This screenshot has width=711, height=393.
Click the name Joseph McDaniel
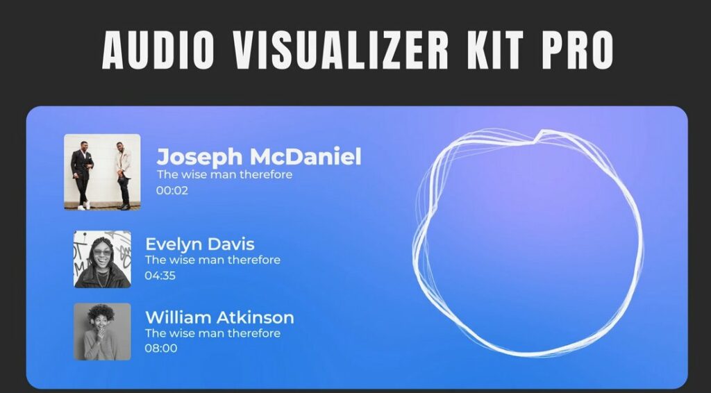(258, 156)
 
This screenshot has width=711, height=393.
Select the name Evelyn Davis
(199, 244)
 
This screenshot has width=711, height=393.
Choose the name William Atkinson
(219, 317)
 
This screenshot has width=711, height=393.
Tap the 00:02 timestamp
(172, 190)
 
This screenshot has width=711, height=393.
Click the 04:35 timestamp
(160, 276)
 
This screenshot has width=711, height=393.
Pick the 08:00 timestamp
(160, 348)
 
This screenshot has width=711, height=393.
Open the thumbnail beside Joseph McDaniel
(102, 172)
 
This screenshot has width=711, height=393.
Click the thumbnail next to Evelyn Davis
(102, 259)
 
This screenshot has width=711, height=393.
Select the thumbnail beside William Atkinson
(102, 331)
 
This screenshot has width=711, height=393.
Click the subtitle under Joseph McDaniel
(224, 174)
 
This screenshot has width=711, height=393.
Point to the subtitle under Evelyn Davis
(212, 260)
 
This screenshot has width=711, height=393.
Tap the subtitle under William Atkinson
(212, 333)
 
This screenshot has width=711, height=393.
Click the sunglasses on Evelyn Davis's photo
(101, 251)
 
